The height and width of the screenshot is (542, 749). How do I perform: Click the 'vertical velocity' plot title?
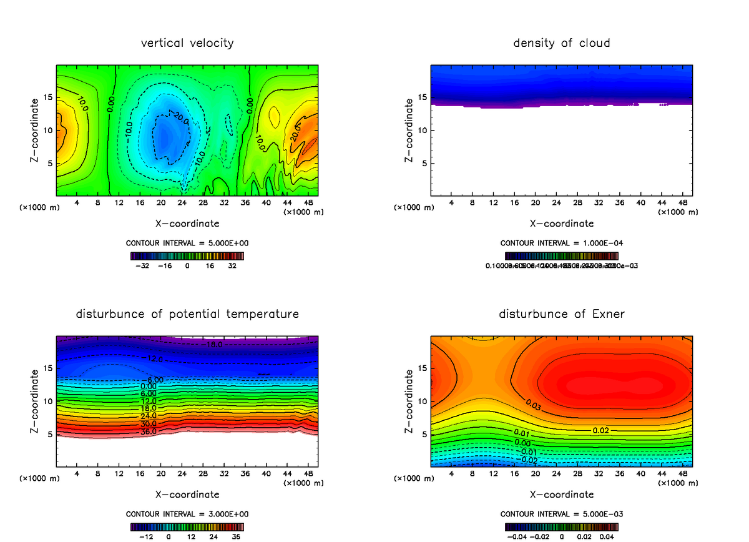pos(187,43)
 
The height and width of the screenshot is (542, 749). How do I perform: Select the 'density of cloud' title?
pos(562,43)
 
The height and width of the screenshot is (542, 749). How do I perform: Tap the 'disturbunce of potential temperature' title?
pos(187,314)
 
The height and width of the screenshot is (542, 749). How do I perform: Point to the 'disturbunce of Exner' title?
pos(562,314)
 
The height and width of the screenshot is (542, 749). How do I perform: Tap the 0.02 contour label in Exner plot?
pos(600,430)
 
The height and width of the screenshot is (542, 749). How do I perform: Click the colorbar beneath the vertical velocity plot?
pos(187,255)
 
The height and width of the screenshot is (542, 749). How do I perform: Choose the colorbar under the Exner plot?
pos(562,526)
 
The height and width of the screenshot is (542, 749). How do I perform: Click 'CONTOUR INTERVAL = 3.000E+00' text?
pos(187,514)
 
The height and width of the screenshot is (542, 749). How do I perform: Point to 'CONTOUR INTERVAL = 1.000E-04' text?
pos(562,243)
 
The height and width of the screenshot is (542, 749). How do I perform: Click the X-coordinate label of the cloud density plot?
pos(562,223)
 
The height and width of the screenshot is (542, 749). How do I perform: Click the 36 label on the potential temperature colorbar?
pos(235,536)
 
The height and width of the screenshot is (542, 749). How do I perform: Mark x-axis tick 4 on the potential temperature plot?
pos(77,474)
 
